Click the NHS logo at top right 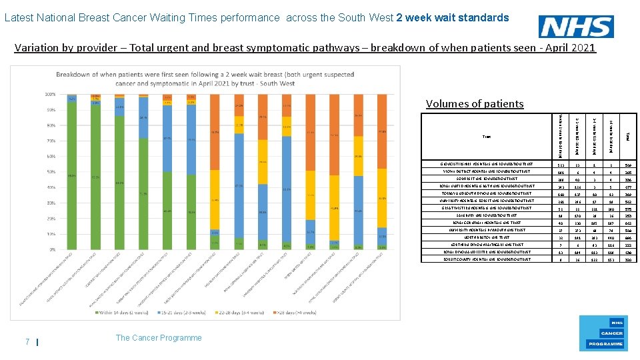click(577, 27)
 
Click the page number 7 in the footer click(27, 342)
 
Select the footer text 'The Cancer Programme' click(159, 338)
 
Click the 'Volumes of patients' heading click(475, 103)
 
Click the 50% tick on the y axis click(49, 172)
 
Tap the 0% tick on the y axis click(51, 249)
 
